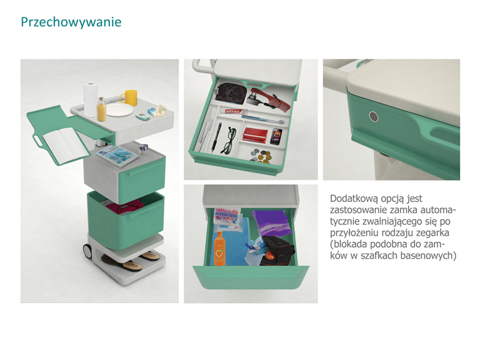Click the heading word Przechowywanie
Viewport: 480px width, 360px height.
[71, 22]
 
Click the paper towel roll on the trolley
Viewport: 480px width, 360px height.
[91, 99]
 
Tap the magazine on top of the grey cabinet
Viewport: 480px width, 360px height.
[117, 156]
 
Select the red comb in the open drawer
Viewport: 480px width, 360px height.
[271, 98]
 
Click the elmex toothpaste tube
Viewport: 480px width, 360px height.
[235, 112]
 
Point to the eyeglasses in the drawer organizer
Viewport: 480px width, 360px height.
[229, 140]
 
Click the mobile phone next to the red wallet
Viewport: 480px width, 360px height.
[276, 136]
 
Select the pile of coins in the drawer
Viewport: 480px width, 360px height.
[260, 156]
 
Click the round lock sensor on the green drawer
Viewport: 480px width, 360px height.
[373, 116]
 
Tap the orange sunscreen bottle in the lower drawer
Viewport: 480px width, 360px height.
[219, 248]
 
